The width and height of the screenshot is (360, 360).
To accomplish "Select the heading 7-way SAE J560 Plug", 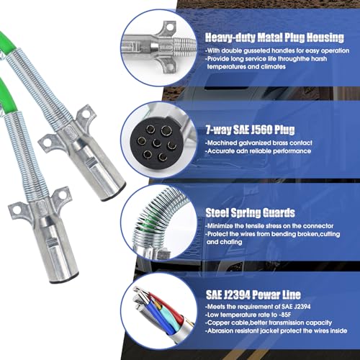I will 249,132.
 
